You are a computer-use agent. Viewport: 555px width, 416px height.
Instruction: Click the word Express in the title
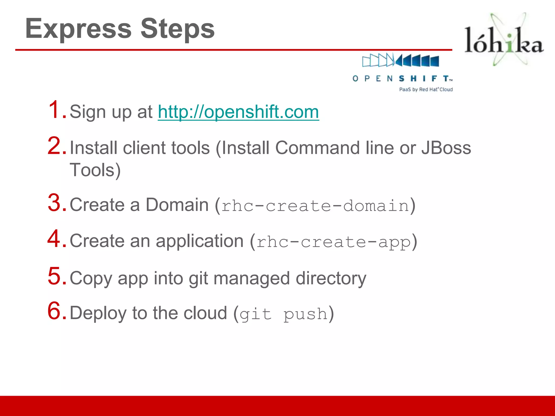[x=78, y=29]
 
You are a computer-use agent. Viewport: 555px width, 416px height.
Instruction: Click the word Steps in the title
[x=178, y=29]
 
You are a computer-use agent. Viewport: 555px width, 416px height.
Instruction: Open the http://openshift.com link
[x=238, y=112]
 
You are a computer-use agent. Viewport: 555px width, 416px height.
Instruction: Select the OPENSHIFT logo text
[x=402, y=79]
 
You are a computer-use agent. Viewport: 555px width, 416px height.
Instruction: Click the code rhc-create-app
[x=333, y=242]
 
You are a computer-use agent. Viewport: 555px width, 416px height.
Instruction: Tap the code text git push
[x=283, y=314]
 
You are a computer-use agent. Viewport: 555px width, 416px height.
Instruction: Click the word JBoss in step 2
[x=446, y=148]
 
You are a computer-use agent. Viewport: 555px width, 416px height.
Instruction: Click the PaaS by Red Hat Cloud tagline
[x=426, y=89]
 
